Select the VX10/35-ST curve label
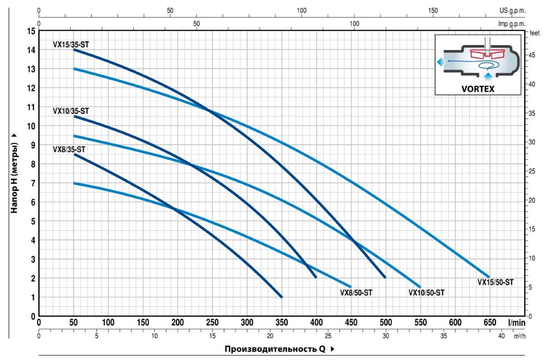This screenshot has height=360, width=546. coord(71,111)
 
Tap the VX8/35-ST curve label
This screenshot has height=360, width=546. coord(69,149)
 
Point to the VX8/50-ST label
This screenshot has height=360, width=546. coord(356,293)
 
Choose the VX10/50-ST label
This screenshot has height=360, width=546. coord(426,293)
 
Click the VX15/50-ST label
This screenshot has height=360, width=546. coord(495,282)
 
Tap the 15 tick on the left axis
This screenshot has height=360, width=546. coord(31,31)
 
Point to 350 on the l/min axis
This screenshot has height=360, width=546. coord(281,323)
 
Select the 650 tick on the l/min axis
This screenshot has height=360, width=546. coord(490,323)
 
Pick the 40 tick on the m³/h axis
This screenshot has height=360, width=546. coord(501,336)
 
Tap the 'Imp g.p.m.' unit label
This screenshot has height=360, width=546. coord(512,24)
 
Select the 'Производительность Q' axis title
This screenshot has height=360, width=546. coord(276,349)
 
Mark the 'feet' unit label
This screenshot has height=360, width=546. coord(534,33)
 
